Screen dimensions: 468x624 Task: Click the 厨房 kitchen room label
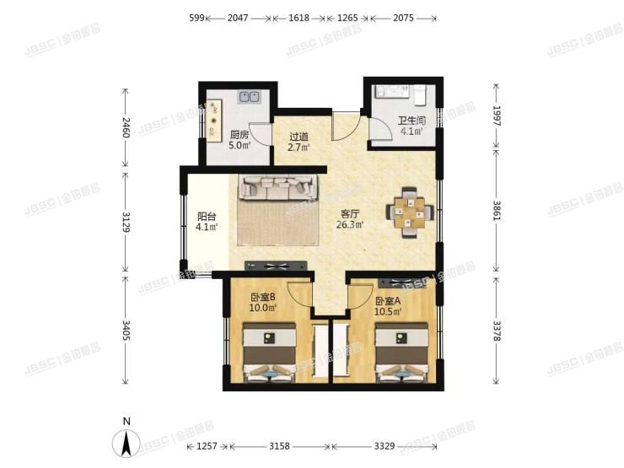[x=239, y=134]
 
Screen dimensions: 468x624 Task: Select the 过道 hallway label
[x=299, y=136]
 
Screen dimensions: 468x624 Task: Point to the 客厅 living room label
[x=351, y=213]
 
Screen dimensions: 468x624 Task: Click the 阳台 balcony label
[x=207, y=215]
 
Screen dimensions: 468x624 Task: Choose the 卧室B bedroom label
[x=263, y=297]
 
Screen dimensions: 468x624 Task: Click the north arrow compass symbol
[x=126, y=440]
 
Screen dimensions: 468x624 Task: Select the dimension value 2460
[x=126, y=128]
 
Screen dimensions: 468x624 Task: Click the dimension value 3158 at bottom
[x=277, y=446]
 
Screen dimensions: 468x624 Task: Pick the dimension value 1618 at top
[x=299, y=16]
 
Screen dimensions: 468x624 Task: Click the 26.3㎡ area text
[x=351, y=225]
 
